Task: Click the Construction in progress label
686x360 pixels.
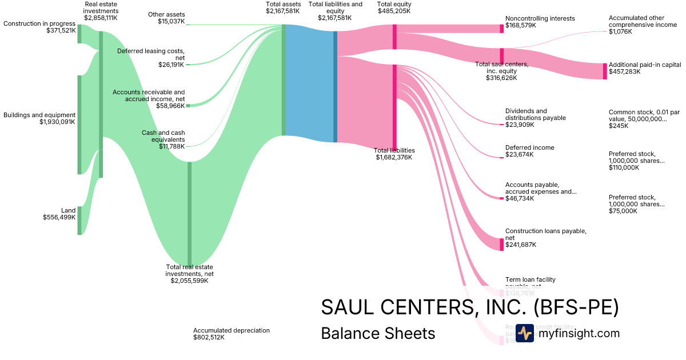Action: (39, 23)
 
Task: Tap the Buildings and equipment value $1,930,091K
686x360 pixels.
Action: (57, 122)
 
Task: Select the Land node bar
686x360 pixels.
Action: (79, 221)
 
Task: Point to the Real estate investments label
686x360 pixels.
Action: (101, 11)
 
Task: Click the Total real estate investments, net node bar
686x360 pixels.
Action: (190, 214)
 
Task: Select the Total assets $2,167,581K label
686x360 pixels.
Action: (282, 7)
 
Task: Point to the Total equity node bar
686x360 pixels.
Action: (394, 37)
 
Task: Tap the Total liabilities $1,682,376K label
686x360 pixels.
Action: (394, 154)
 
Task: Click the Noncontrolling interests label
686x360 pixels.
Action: (540, 19)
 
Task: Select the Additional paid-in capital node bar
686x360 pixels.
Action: (605, 71)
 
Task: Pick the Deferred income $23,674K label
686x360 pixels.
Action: (529, 151)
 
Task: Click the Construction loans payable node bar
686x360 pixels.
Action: (502, 244)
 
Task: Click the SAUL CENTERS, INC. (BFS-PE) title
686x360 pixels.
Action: (469, 307)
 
